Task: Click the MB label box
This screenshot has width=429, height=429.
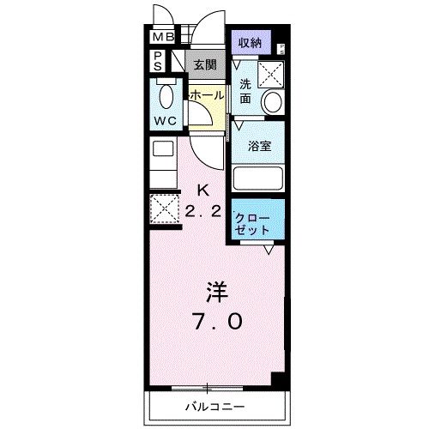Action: [x=162, y=37]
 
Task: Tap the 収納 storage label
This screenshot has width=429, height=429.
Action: [x=251, y=42]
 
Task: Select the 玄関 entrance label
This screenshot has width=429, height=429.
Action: [x=204, y=64]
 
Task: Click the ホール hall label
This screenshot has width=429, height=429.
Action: [x=206, y=95]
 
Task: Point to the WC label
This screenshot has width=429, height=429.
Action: [x=166, y=121]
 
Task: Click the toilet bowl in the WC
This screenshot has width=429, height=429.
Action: [x=165, y=94]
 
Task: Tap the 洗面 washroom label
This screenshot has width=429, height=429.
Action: [x=246, y=90]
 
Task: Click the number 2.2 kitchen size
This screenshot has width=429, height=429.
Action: [x=203, y=209]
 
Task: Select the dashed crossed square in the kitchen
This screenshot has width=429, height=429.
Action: [x=163, y=208]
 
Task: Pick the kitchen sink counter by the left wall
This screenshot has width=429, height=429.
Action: [x=163, y=159]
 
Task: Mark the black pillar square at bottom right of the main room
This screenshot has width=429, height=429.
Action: [x=275, y=378]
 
